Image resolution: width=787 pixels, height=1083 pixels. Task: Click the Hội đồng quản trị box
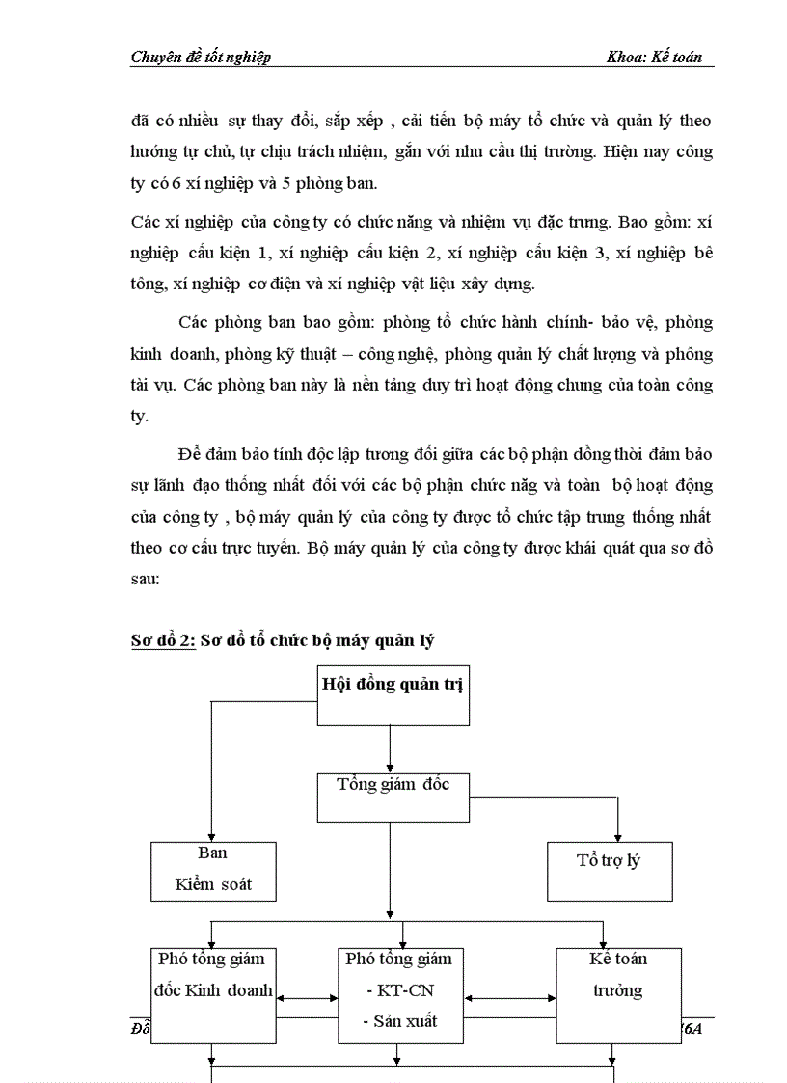pyautogui.click(x=393, y=694)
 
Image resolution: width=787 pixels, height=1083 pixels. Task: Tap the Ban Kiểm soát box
pyautogui.click(x=213, y=870)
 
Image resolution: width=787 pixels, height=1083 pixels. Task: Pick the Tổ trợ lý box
pyautogui.click(x=610, y=870)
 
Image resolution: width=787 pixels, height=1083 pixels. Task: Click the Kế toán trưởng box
pyautogui.click(x=617, y=993)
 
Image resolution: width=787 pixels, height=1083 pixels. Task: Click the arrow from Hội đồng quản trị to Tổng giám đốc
pyautogui.click(x=390, y=746)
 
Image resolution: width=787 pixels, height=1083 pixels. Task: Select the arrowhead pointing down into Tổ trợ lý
pyautogui.click(x=618, y=835)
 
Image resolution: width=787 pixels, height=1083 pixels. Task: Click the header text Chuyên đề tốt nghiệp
pyautogui.click(x=201, y=57)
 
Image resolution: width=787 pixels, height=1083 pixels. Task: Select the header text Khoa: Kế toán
pyautogui.click(x=653, y=57)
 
